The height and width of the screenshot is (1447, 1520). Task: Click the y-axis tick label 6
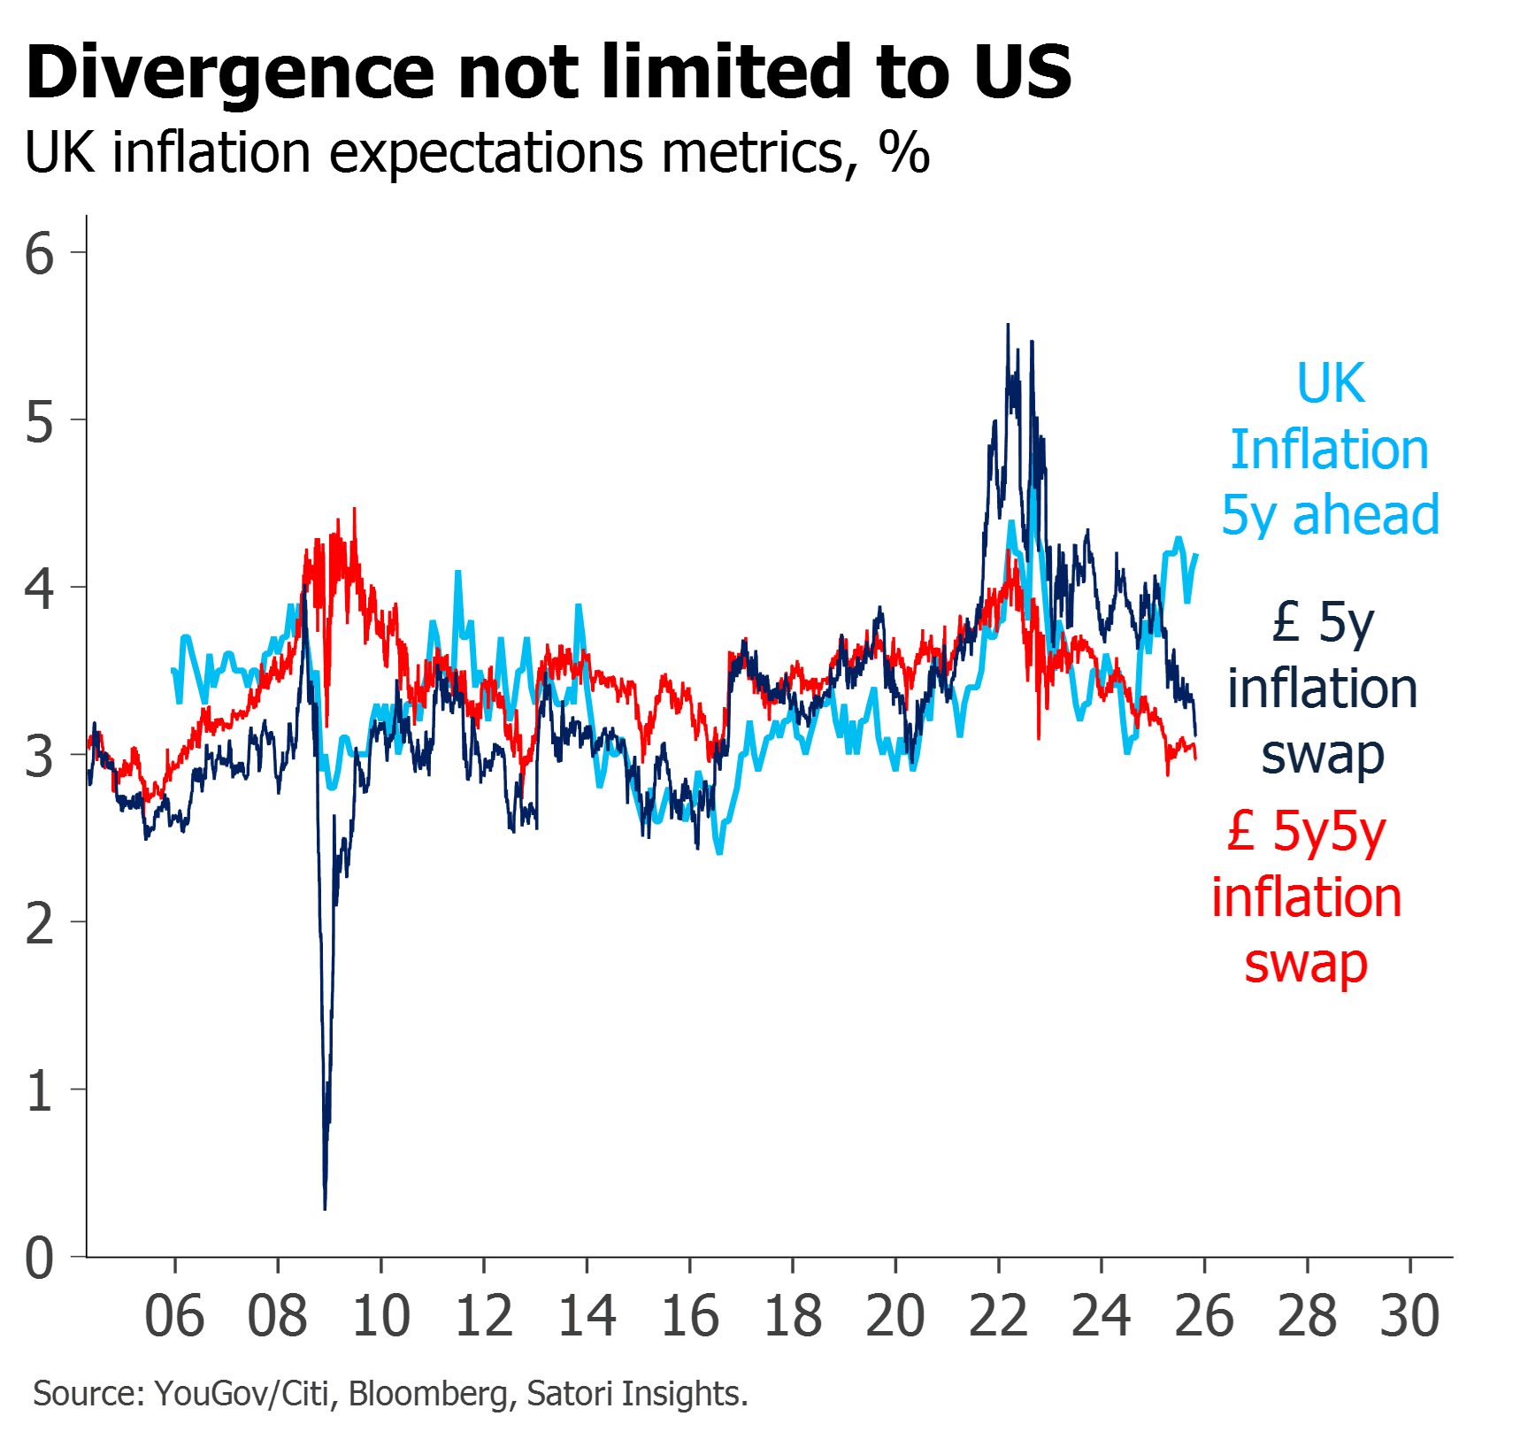39,254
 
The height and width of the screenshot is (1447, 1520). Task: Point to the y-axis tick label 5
39,421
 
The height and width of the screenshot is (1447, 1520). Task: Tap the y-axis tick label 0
39,1258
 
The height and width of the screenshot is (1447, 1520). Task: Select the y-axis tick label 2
39,924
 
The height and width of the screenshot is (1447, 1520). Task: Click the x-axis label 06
174,1316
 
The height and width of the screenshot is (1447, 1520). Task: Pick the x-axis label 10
381,1316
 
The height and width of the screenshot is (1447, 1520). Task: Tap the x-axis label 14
587,1316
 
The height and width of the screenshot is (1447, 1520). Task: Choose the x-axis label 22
999,1316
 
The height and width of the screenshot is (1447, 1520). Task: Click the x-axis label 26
1204,1316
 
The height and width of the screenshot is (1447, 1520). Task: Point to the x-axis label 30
1410,1316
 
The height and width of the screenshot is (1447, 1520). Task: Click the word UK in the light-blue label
1330,383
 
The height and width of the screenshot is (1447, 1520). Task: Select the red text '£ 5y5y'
1307,832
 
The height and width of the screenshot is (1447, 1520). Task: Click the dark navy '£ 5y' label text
1323,622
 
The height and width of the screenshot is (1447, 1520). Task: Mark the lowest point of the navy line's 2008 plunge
326,1207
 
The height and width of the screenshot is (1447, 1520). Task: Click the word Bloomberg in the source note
429,1393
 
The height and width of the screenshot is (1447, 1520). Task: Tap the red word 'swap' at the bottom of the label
1306,965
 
